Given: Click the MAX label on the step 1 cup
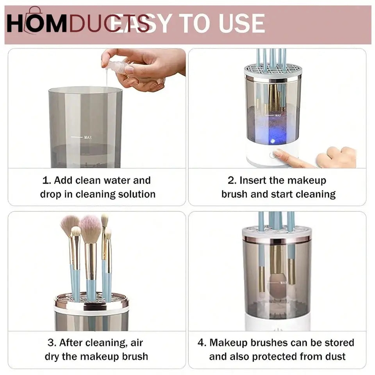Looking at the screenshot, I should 88,137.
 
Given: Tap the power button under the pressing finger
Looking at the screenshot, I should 272,155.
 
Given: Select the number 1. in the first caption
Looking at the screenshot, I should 46,180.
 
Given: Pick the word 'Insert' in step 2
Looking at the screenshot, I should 254,180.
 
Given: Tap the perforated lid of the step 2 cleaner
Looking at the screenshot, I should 273,70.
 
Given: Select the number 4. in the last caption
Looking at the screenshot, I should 202,343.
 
